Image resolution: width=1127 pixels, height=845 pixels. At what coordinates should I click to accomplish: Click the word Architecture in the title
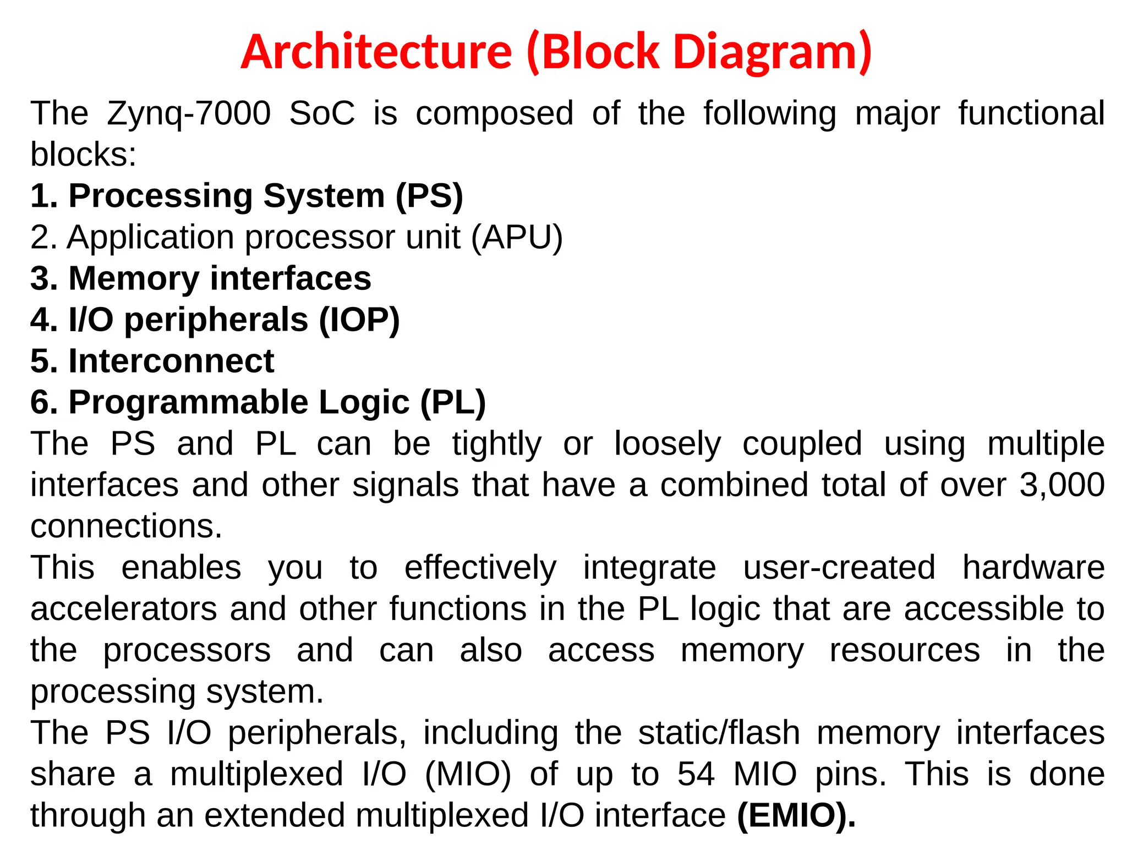pyautogui.click(x=376, y=52)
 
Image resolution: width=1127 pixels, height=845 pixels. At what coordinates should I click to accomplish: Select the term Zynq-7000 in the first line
pyautogui.click(x=189, y=114)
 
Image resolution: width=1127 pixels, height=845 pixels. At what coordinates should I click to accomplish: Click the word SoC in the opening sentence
pyautogui.click(x=322, y=114)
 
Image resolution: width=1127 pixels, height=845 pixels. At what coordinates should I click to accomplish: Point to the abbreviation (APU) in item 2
pyautogui.click(x=517, y=238)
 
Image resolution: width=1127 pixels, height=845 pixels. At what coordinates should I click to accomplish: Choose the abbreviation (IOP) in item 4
pyautogui.click(x=359, y=320)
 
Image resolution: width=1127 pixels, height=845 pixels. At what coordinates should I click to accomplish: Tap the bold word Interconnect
pyautogui.click(x=171, y=361)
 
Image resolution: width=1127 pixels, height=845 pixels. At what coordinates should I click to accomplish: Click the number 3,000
pyautogui.click(x=1062, y=485)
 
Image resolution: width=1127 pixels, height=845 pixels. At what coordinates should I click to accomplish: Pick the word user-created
pyautogui.click(x=839, y=568)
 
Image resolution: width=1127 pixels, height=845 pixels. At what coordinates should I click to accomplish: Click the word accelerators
pyautogui.click(x=124, y=610)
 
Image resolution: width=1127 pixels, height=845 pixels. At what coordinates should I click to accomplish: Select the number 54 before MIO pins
pyautogui.click(x=696, y=775)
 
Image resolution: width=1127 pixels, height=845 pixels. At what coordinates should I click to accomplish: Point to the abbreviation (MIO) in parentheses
pyautogui.click(x=468, y=775)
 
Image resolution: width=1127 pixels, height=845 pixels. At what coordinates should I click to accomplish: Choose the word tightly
pyautogui.click(x=497, y=444)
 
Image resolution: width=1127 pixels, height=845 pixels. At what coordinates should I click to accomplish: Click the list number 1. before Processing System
pyautogui.click(x=44, y=196)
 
